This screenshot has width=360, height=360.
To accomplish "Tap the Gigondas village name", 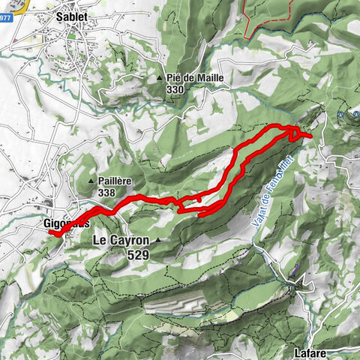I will click(66, 223).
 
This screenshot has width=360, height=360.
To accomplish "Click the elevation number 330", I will click(176, 90).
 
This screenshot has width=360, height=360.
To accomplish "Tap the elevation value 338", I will click(106, 193).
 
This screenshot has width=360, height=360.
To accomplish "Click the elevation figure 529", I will click(138, 255).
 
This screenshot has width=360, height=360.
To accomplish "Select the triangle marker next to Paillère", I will click(91, 181).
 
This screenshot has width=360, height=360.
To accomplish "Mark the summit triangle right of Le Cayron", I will click(158, 241).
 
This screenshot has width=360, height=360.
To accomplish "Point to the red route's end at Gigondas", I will click(52, 233).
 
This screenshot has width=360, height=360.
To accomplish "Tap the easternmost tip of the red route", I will click(310, 136).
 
